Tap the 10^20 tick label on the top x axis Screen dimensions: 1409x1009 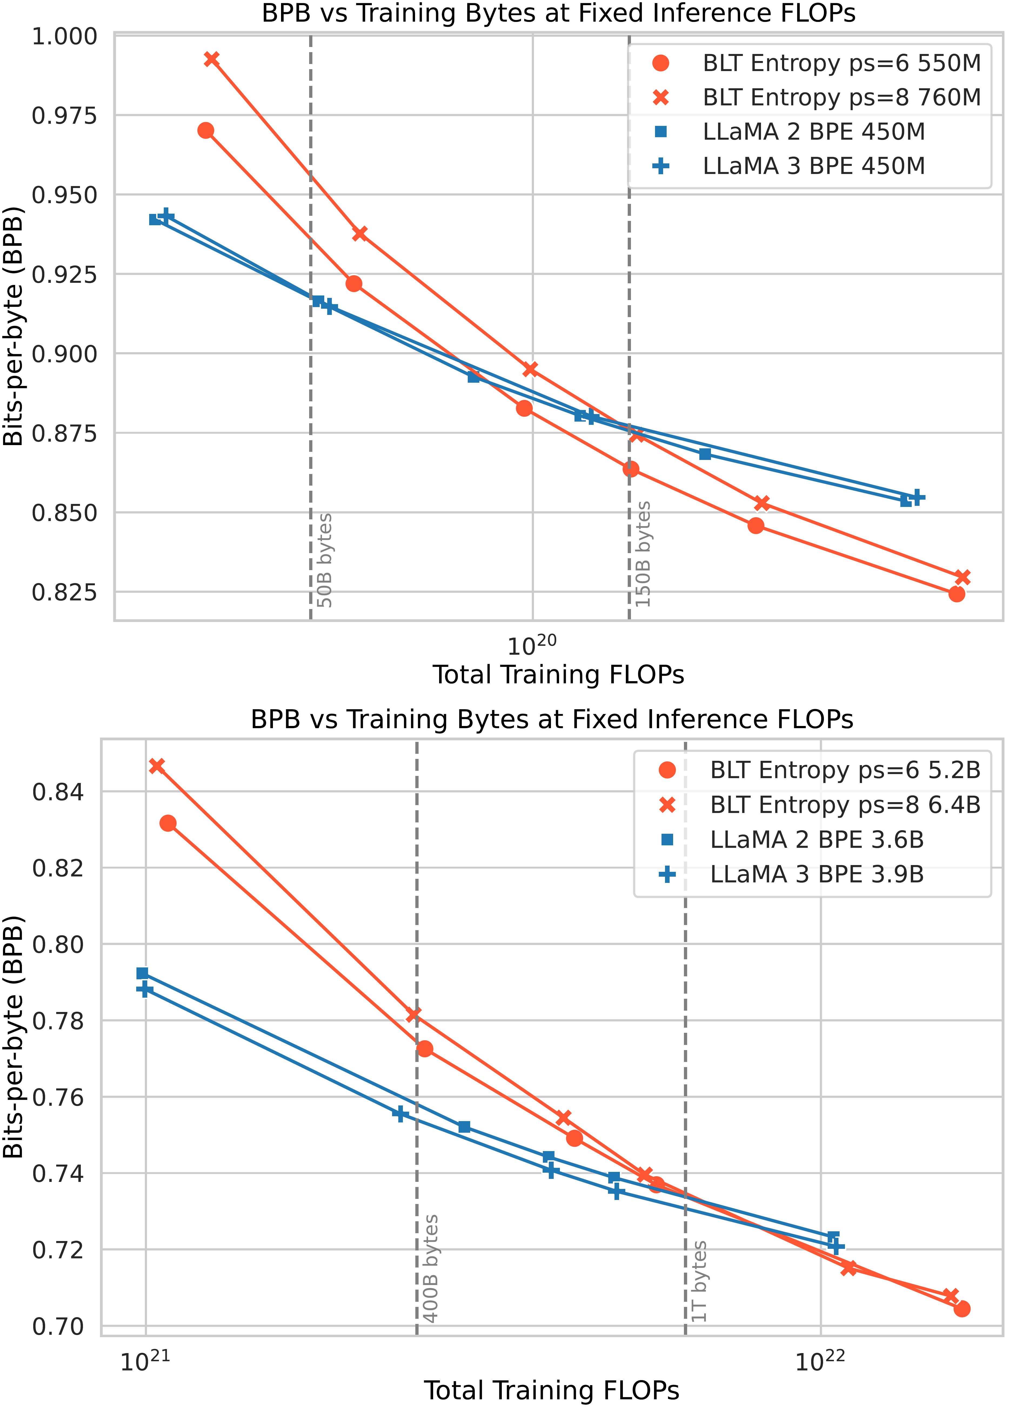click(532, 646)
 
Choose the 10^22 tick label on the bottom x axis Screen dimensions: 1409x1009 click(820, 1362)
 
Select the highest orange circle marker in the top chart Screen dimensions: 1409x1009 click(206, 130)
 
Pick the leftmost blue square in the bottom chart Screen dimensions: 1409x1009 click(142, 973)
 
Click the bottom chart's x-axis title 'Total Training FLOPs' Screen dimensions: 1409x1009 click(552, 1390)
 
